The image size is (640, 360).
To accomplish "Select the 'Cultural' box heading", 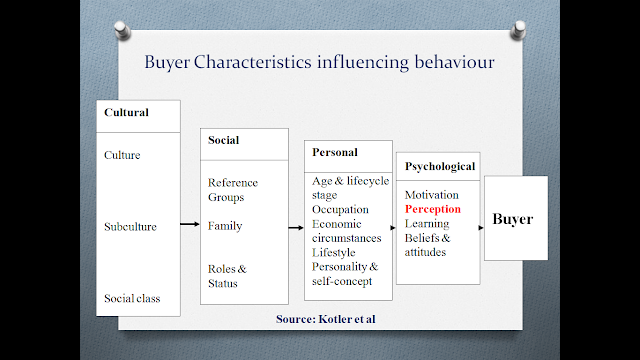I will pyautogui.click(x=127, y=112).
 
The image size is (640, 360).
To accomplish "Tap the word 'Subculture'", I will pyautogui.click(x=131, y=226).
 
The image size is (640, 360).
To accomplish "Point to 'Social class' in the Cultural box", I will pyautogui.click(x=132, y=298).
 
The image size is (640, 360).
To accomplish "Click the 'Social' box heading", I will pyautogui.click(x=224, y=140).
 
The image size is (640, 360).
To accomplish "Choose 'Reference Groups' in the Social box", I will pyautogui.click(x=233, y=190).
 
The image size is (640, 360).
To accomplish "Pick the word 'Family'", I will pyautogui.click(x=226, y=226).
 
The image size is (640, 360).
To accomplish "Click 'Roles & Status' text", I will pyautogui.click(x=228, y=276).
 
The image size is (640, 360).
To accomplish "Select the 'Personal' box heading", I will pyautogui.click(x=335, y=153).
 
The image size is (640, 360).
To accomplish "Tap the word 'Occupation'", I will pyautogui.click(x=341, y=209).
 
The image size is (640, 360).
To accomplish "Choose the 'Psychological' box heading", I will pyautogui.click(x=441, y=166).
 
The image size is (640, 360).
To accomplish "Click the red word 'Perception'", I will pyautogui.click(x=433, y=210).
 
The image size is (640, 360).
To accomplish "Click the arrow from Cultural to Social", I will pyautogui.click(x=189, y=224).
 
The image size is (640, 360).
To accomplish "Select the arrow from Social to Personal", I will pyautogui.click(x=295, y=228).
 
